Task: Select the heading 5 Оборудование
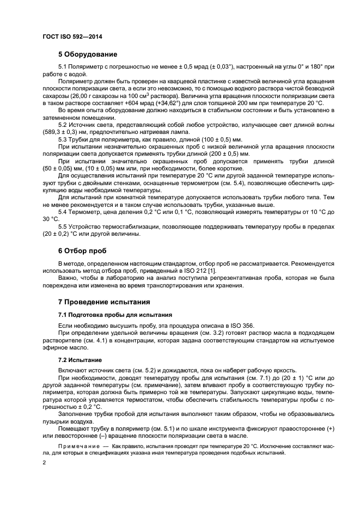[x=87, y=54]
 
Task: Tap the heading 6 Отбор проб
[x=82, y=251]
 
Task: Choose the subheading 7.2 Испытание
[x=80, y=360]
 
